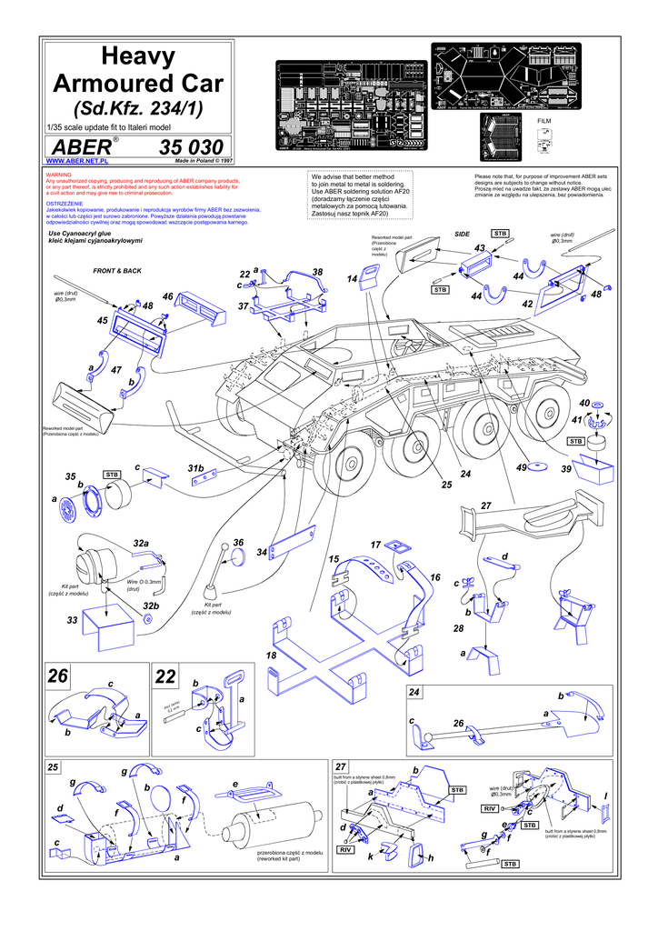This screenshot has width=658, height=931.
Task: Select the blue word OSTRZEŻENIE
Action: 65,204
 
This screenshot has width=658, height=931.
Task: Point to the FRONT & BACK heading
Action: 117,271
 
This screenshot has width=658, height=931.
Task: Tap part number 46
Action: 168,296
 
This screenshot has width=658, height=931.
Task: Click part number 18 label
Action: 271,655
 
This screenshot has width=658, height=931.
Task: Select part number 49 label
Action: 522,467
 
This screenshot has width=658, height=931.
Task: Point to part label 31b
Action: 195,467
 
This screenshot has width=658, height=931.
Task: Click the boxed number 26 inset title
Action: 58,676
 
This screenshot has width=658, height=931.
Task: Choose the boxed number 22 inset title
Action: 165,676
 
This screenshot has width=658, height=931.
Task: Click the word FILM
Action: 544,120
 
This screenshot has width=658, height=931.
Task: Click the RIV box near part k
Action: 344,849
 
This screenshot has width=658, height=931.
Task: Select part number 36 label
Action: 239,543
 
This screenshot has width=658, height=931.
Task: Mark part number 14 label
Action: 352,277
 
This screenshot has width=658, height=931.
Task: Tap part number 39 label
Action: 565,468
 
